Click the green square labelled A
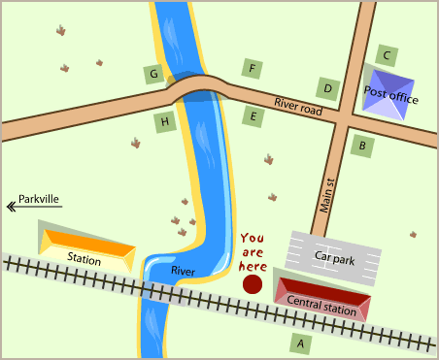(x=301, y=343)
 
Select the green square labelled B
(x=362, y=147)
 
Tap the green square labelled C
(x=387, y=55)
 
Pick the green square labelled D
(x=328, y=88)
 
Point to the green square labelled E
(x=253, y=117)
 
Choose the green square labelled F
(x=253, y=68)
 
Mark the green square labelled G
(x=152, y=74)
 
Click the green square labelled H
(x=165, y=121)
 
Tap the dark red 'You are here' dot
(x=253, y=284)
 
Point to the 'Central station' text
(x=321, y=303)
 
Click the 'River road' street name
(x=297, y=106)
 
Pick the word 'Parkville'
(x=39, y=199)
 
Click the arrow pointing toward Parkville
(x=11, y=206)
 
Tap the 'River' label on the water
(x=183, y=270)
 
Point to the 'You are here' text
(x=253, y=251)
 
